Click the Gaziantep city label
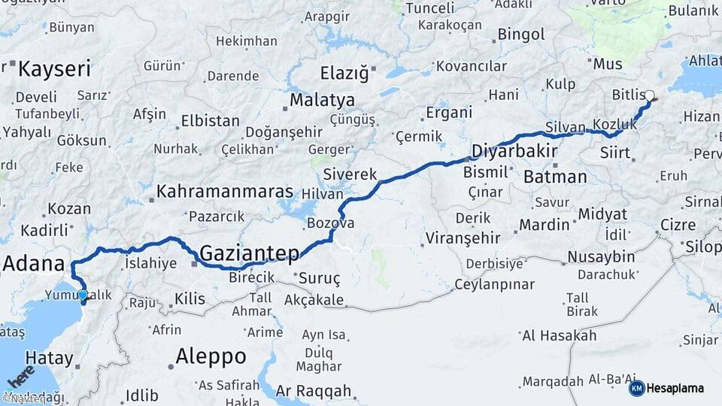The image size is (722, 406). pyautogui.click(x=250, y=253)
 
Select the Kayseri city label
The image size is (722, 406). pyautogui.click(x=54, y=70)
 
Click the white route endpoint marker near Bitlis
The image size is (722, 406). pyautogui.click(x=650, y=95)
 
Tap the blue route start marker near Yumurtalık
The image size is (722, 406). pyautogui.click(x=83, y=296)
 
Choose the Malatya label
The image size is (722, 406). pyautogui.click(x=322, y=99)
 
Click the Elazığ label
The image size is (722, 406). pyautogui.click(x=344, y=74)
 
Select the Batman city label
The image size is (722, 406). pyautogui.click(x=554, y=177)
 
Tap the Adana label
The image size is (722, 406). pyautogui.click(x=34, y=264)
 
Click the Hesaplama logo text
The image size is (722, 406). pyautogui.click(x=675, y=389)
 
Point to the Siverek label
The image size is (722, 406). pyautogui.click(x=350, y=174)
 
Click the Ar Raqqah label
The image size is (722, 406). pyautogui.click(x=314, y=391)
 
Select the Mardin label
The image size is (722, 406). pyautogui.click(x=545, y=224)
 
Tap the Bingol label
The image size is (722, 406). pyautogui.click(x=520, y=35)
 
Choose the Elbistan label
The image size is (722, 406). pyautogui.click(x=210, y=121)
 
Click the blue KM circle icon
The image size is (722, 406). pyautogui.click(x=636, y=389)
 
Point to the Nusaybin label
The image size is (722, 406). pyautogui.click(x=601, y=257)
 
